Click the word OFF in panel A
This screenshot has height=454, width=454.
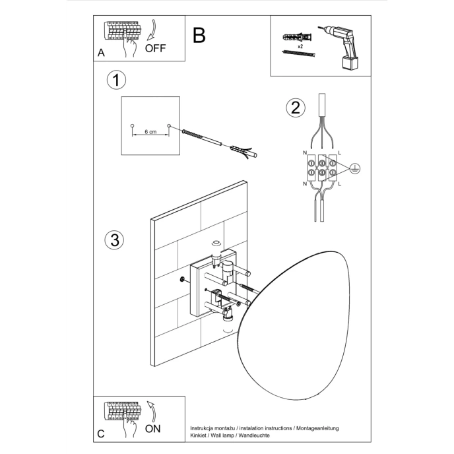156,48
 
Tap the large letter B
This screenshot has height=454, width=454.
199,35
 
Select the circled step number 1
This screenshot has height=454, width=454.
116,81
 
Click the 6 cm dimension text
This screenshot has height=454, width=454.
150,132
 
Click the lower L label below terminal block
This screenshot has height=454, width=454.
339,184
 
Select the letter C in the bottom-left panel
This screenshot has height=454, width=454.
101,434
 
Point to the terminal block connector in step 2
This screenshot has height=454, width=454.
321,166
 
